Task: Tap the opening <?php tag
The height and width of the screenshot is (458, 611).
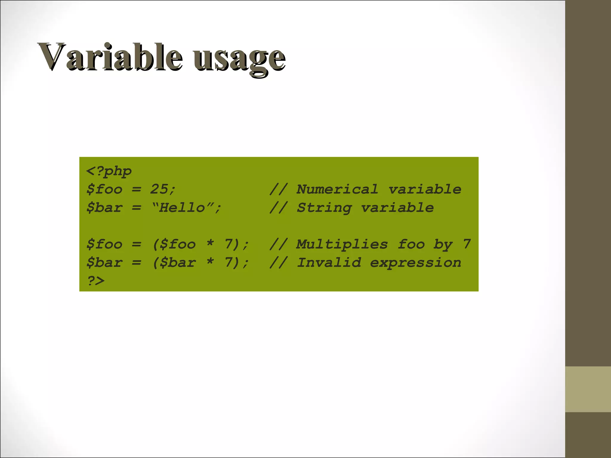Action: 109,171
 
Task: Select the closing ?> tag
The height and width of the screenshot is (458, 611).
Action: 96,281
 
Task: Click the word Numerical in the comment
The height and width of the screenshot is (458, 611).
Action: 337,189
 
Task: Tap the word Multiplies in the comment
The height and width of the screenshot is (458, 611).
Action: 342,244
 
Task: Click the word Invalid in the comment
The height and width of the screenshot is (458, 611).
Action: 329,263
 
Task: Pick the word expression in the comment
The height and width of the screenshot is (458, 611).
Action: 415,263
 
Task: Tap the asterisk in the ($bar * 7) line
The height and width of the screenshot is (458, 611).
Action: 210,262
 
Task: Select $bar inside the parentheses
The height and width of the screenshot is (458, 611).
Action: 178,263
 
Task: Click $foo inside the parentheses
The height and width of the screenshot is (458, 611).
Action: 178,244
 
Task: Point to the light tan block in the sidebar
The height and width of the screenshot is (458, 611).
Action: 588,389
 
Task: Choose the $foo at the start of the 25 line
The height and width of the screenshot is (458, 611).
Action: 104,189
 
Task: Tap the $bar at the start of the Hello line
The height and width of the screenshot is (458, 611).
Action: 104,208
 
